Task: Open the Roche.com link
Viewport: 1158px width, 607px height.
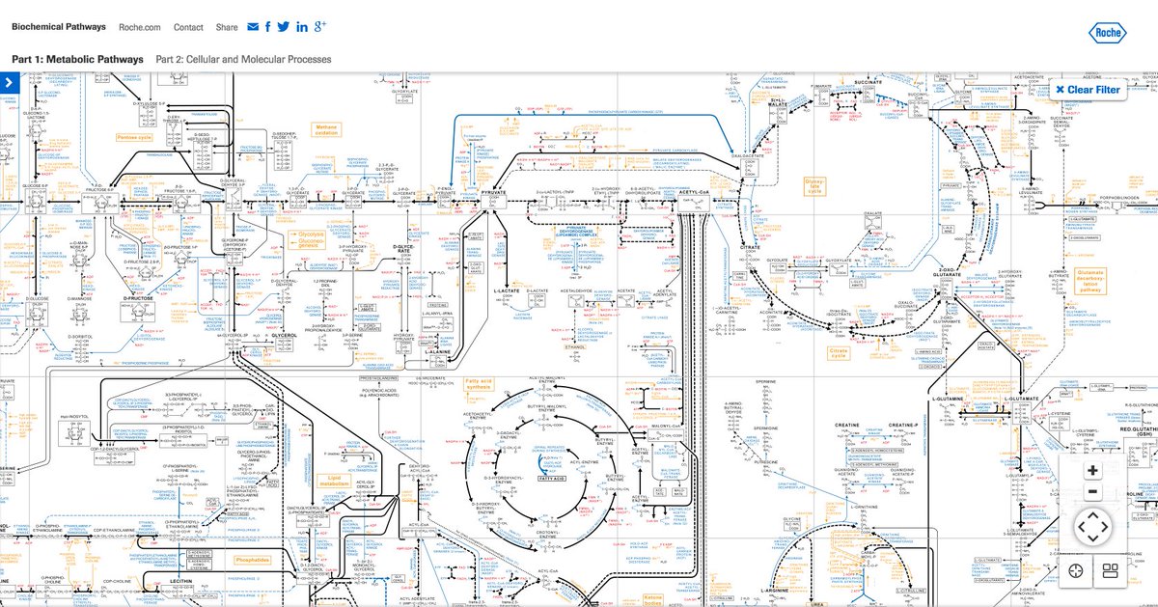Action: pyautogui.click(x=140, y=27)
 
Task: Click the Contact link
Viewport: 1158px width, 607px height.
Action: pyautogui.click(x=188, y=27)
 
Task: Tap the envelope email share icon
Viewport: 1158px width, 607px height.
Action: pyautogui.click(x=253, y=27)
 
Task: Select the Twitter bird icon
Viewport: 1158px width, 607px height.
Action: pyautogui.click(x=283, y=27)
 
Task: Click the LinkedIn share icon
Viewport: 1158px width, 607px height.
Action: pyautogui.click(x=303, y=27)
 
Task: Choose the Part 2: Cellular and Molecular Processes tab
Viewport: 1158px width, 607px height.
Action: pyautogui.click(x=243, y=59)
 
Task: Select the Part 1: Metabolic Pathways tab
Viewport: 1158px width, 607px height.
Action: pyautogui.click(x=77, y=59)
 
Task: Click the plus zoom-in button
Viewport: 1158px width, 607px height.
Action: pyautogui.click(x=1092, y=471)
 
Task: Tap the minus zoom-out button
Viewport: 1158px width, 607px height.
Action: pyautogui.click(x=1092, y=492)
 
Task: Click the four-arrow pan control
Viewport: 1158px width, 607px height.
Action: pyautogui.click(x=1092, y=528)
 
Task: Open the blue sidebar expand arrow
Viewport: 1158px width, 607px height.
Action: pyautogui.click(x=9, y=83)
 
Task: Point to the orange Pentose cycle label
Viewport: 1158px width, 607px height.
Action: pyautogui.click(x=134, y=137)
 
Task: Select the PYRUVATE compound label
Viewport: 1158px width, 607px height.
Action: pyautogui.click(x=494, y=193)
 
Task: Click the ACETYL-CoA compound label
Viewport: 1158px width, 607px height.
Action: pyautogui.click(x=694, y=193)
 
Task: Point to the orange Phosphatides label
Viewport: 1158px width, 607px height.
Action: pyautogui.click(x=252, y=559)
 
